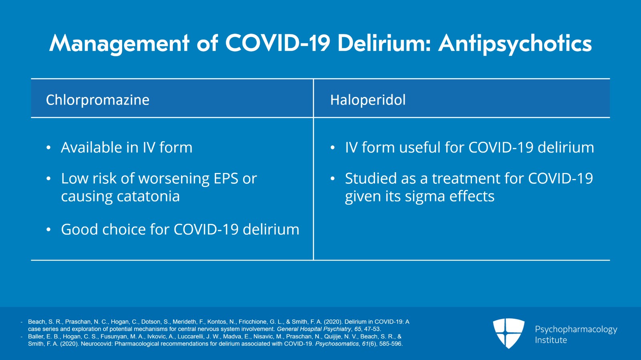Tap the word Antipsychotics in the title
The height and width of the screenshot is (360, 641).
click(515, 43)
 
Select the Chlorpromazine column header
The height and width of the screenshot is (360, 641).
click(97, 100)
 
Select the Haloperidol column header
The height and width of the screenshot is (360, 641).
click(367, 100)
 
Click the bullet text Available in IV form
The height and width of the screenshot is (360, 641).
click(127, 148)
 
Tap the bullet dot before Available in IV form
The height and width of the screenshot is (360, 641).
click(48, 148)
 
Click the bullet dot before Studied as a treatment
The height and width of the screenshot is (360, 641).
click(333, 179)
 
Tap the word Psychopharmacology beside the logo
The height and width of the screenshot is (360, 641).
click(576, 329)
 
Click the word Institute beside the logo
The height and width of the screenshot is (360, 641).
click(551, 340)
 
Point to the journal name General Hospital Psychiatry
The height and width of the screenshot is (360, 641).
click(314, 329)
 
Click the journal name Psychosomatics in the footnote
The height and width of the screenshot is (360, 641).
click(337, 344)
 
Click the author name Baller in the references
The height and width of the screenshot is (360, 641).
click(36, 336)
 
